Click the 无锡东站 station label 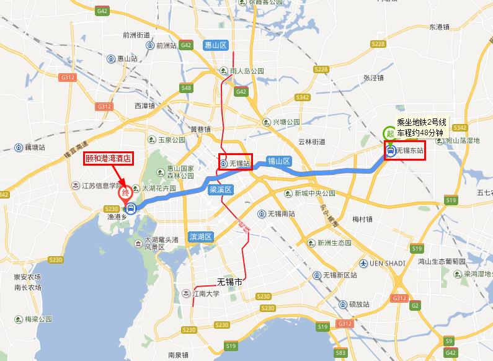(x=409, y=150)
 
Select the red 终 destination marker (x=126, y=193)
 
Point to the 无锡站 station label (x=239, y=164)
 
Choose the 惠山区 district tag (x=216, y=45)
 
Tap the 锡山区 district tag (x=278, y=161)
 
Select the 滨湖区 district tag (x=202, y=237)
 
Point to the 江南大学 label (x=206, y=293)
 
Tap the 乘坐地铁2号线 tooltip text (x=422, y=122)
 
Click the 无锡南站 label (x=282, y=214)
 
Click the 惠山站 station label (x=127, y=58)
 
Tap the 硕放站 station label (x=358, y=305)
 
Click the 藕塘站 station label (x=35, y=148)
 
